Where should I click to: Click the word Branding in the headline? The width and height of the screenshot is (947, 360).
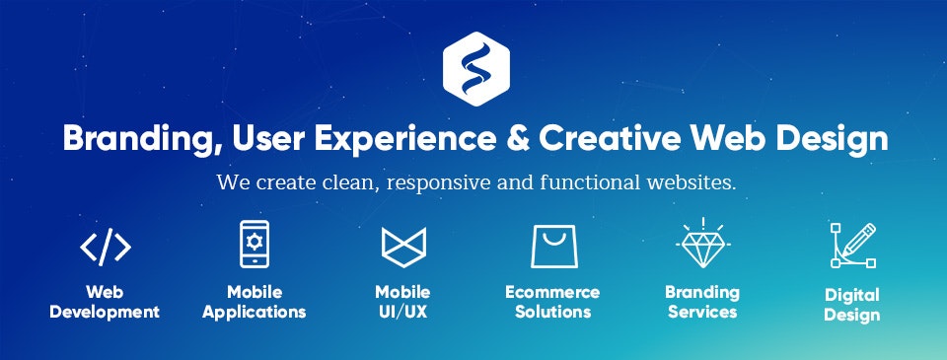[x=134, y=139]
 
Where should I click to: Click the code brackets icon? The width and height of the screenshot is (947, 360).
[x=105, y=247]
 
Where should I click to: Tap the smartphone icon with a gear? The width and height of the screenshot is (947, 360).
[x=254, y=244]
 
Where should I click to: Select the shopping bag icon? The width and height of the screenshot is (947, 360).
[x=552, y=246]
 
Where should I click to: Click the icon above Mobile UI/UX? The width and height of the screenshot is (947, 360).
[x=402, y=246]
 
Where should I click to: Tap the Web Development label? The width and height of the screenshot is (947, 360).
[x=105, y=303]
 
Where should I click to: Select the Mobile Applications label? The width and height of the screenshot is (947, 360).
[x=254, y=303]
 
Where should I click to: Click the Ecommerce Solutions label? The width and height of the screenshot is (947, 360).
[x=552, y=303]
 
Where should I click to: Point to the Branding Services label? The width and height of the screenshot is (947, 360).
[x=702, y=302]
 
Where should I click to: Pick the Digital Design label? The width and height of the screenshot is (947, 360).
[x=852, y=306]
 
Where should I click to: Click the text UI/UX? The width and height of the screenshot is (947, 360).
[x=402, y=313]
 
